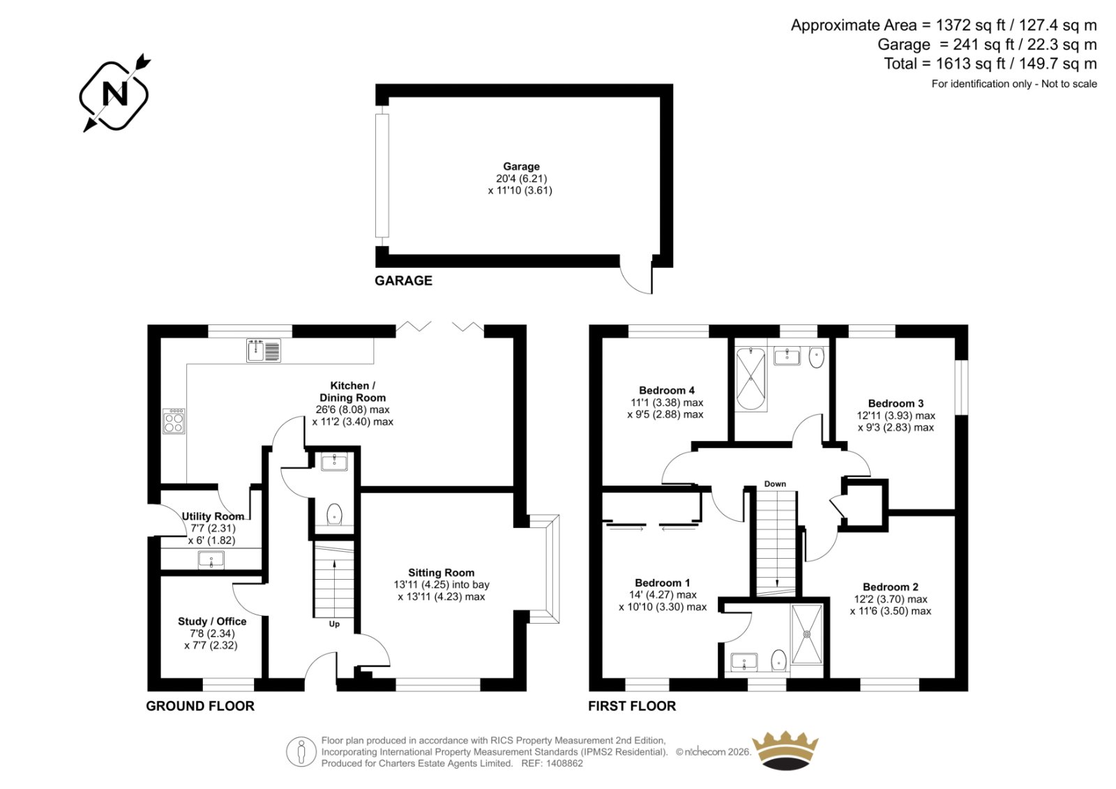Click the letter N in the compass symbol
[114, 93]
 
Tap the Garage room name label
[521, 167]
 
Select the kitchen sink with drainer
[264, 350]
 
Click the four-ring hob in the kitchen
[174, 421]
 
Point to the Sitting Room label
[441, 573]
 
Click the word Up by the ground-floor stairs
[334, 624]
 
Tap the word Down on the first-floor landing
[775, 484]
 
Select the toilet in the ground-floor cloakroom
[334, 514]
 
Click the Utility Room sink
[211, 559]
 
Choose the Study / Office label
[212, 622]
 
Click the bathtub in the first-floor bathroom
[751, 380]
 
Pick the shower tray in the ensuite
[806, 634]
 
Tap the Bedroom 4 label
[667, 390]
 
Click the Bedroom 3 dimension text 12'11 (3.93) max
[896, 416]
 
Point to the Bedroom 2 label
[890, 587]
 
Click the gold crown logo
[785, 751]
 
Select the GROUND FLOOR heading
[200, 706]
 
